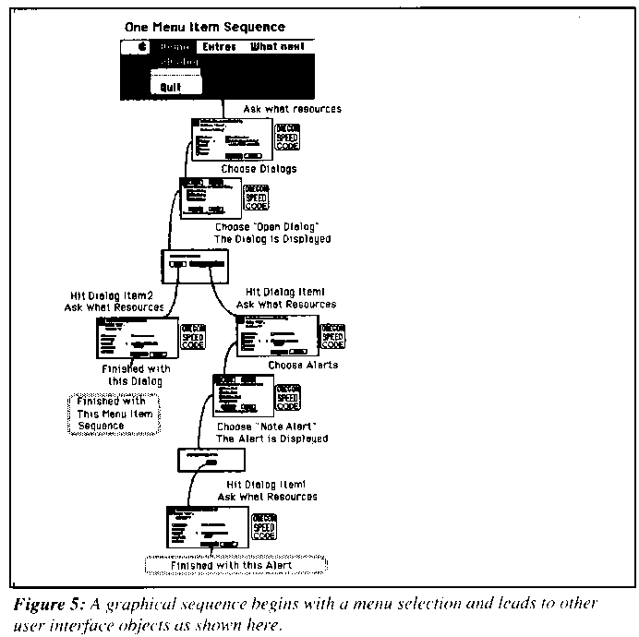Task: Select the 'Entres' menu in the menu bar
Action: [219, 47]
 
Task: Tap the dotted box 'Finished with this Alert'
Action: [238, 564]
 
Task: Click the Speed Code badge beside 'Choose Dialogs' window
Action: [288, 137]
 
